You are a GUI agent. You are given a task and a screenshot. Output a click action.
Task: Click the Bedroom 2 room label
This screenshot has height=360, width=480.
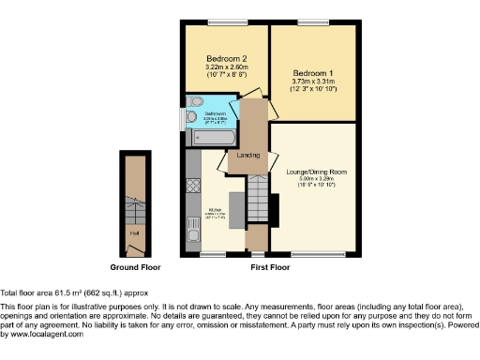tap(221, 58)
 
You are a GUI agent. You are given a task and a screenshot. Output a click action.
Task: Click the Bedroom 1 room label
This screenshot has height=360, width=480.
tap(312, 72)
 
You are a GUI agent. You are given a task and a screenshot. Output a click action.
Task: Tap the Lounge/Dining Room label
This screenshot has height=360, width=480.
tap(313, 172)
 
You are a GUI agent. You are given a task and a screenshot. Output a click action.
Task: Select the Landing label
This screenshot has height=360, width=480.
tap(248, 155)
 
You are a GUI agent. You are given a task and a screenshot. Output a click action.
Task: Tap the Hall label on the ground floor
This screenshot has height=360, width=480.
tap(135, 230)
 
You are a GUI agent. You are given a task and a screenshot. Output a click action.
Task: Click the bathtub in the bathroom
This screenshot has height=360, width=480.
tap(215, 138)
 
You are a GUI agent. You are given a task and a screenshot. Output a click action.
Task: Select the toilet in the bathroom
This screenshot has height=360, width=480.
tap(194, 102)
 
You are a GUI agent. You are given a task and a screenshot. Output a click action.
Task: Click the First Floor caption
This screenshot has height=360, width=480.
tap(270, 268)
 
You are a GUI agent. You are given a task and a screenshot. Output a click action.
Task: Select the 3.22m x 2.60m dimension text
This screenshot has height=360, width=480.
tap(221, 67)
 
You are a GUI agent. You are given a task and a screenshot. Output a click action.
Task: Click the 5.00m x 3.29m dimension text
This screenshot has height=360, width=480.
tap(313, 181)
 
